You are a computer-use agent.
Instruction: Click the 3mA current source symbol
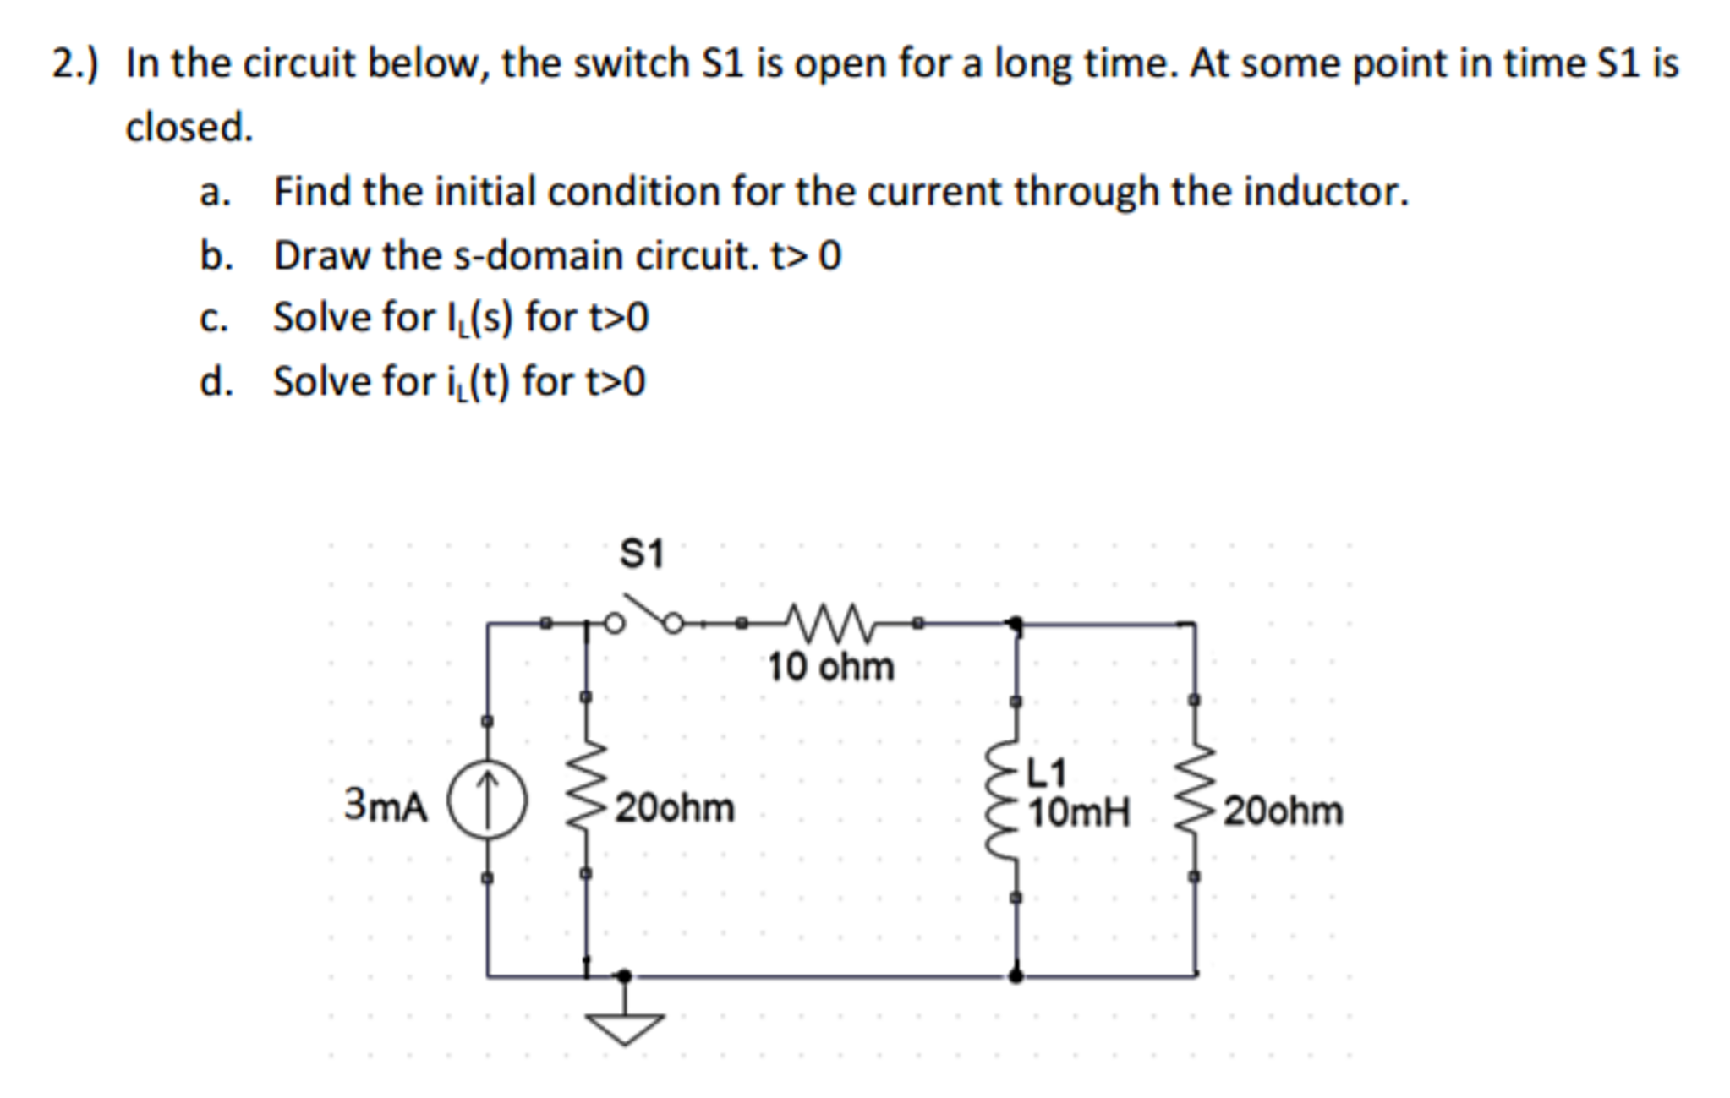pyautogui.click(x=487, y=800)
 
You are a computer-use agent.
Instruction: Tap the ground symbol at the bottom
pyautogui.click(x=624, y=1028)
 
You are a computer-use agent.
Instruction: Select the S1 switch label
pyautogui.click(x=642, y=554)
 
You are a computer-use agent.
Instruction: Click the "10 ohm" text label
pyautogui.click(x=830, y=667)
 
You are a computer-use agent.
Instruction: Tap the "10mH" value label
pyautogui.click(x=1079, y=813)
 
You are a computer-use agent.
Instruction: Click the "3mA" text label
pyautogui.click(x=386, y=805)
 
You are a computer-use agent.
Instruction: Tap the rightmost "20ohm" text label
pyautogui.click(x=1283, y=811)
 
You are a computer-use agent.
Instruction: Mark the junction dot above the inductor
pyautogui.click(x=1016, y=625)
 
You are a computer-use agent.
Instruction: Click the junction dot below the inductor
pyautogui.click(x=1016, y=975)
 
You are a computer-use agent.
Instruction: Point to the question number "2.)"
pyautogui.click(x=74, y=63)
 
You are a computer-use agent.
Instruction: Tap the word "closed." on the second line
pyautogui.click(x=189, y=128)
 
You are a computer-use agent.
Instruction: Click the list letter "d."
pyautogui.click(x=216, y=381)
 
